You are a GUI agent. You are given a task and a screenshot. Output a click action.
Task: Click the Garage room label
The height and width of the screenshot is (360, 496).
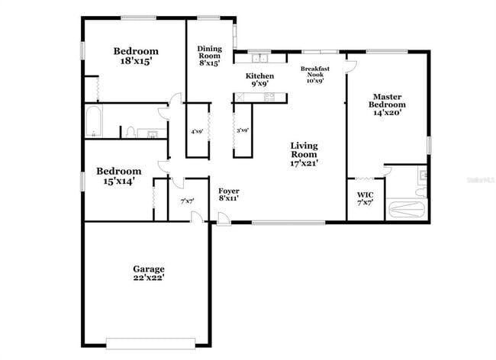coord(149,273)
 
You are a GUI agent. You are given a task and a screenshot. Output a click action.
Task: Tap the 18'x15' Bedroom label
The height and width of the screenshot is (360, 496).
coord(136,56)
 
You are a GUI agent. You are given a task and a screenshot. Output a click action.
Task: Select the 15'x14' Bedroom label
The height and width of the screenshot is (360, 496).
coord(118,176)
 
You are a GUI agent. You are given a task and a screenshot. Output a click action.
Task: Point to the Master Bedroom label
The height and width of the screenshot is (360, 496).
coord(388,104)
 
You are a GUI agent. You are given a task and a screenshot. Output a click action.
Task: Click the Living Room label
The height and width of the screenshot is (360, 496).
coord(304,153)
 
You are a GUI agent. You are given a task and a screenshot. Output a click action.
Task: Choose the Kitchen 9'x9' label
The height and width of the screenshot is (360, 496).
coord(259,80)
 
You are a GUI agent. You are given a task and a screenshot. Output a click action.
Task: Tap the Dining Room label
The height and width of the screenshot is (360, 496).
coord(209,56)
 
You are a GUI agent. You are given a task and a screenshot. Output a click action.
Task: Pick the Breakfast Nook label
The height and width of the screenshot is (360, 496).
coord(314,75)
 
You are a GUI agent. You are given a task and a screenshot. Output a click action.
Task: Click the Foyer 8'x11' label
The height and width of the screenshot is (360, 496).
coord(229,194)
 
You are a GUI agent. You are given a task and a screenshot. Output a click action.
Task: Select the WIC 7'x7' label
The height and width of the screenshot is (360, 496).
coord(365,199)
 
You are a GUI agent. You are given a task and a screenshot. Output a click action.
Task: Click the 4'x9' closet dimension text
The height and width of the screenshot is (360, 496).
coord(197,132)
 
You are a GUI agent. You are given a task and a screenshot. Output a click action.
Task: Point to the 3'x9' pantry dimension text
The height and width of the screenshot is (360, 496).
coord(243,130)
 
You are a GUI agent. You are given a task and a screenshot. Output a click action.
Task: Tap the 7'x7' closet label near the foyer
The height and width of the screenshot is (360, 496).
coord(187,201)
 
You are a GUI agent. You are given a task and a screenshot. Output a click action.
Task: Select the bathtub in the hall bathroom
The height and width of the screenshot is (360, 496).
coord(94,122)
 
